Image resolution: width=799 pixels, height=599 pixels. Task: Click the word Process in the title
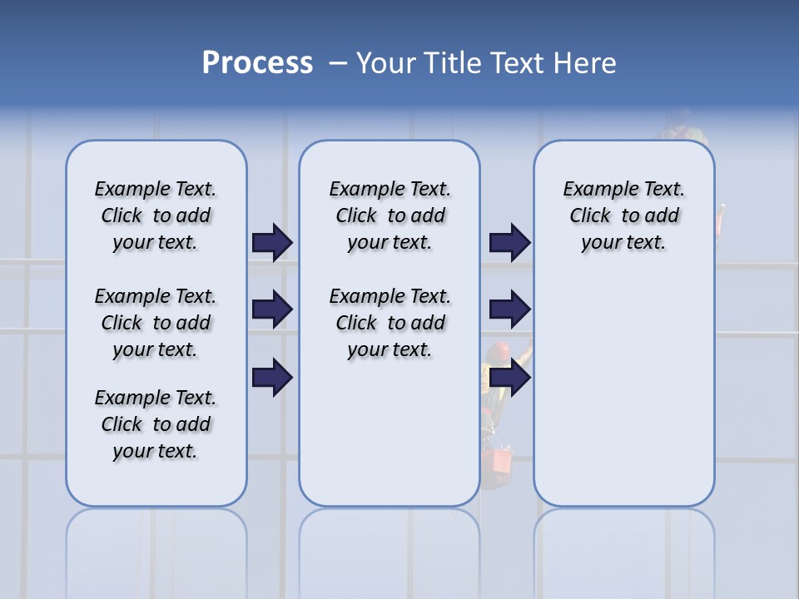coord(257,62)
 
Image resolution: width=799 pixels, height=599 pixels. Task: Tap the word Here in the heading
coord(587,63)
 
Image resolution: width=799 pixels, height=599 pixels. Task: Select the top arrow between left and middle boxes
coord(271,243)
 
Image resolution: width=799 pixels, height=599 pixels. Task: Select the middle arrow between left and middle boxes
coord(271,309)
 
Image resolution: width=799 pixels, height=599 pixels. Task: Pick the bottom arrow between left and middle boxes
coord(271,377)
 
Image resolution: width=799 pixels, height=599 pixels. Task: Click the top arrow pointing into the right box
coord(509,243)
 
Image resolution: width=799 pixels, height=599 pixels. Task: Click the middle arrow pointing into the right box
coord(509,309)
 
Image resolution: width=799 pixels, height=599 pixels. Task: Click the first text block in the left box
coord(156,215)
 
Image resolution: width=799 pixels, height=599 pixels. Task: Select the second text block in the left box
coord(156,323)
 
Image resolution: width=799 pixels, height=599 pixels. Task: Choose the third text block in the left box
coord(156,424)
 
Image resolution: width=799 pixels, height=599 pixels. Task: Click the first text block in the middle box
coord(390,215)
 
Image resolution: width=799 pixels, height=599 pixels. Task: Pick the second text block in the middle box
coord(390,323)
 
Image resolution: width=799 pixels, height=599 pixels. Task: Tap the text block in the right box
coord(623,215)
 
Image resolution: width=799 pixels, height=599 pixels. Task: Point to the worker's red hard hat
coord(499,350)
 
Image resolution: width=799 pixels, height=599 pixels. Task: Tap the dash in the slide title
coord(338,63)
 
